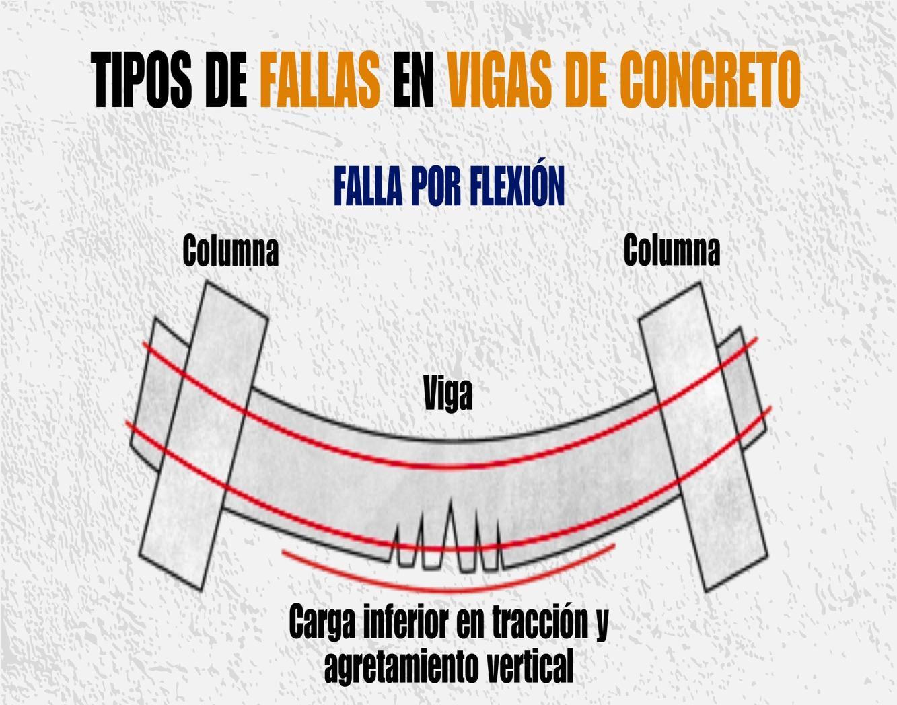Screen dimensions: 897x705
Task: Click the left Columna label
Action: tap(230, 250)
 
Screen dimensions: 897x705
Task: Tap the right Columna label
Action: tap(671, 250)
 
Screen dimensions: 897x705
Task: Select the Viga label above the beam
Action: tap(448, 394)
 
